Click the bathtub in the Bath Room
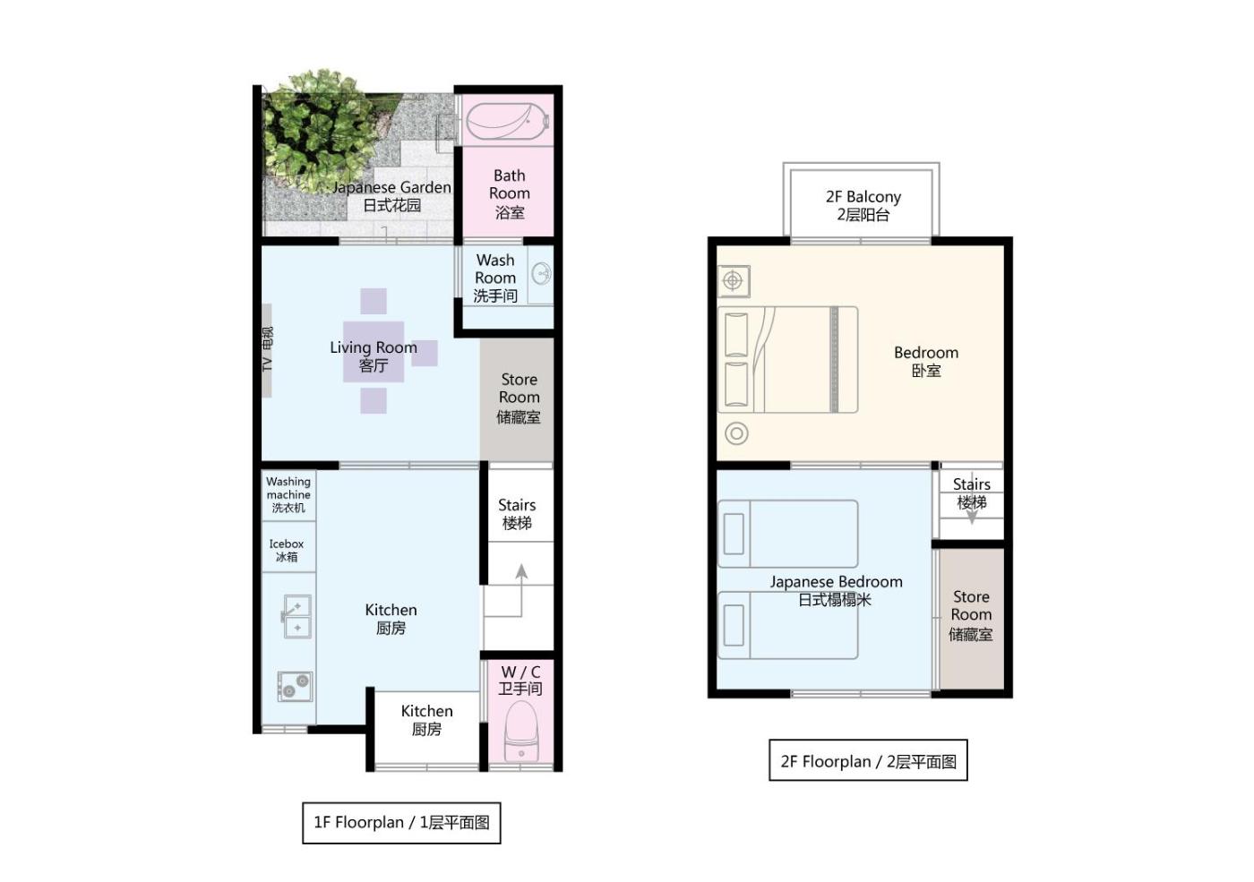507,122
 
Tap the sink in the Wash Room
541,274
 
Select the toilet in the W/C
521,732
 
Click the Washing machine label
288,494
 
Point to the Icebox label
287,550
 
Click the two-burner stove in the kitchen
295,686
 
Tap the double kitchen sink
296,617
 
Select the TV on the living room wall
267,350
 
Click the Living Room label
374,356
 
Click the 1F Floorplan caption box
401,823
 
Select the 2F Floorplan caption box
868,760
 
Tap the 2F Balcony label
863,205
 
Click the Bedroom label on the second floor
926,361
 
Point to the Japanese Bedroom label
836,590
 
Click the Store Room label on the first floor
519,398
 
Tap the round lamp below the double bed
736,433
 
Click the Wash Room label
495,278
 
